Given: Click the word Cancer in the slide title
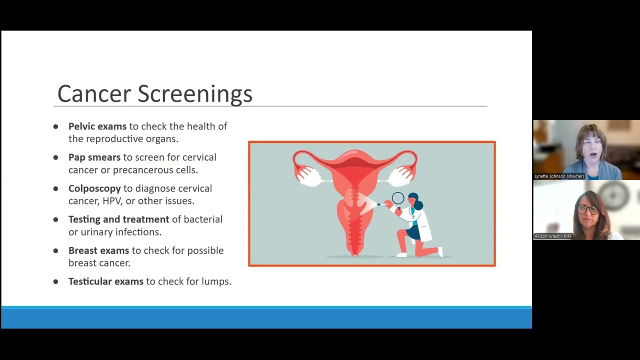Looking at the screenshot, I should (x=94, y=94).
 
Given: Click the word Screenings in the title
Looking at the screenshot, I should (x=195, y=94).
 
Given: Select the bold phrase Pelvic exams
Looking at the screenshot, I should (x=97, y=126).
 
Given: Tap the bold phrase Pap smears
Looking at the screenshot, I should (x=94, y=157).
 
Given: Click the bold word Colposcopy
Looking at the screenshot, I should (x=94, y=188).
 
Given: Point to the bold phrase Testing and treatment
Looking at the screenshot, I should (x=118, y=219).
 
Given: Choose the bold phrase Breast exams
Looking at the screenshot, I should (x=98, y=250).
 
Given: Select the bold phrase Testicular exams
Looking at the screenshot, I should (x=105, y=281).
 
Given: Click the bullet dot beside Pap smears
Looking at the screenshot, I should (x=55, y=157).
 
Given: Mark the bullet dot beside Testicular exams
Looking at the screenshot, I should (x=55, y=281).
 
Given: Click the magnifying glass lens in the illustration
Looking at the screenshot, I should (x=398, y=198).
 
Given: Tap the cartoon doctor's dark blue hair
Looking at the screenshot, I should (x=416, y=200).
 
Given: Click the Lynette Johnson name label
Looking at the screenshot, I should (x=559, y=176).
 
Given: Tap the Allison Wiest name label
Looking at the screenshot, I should (x=553, y=236).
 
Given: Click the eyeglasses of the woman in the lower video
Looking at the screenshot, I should (x=587, y=209).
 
